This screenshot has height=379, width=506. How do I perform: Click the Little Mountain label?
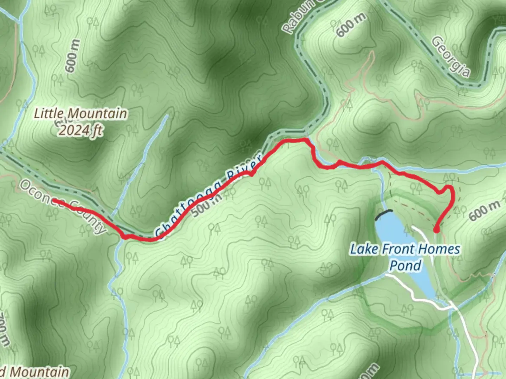[80, 114]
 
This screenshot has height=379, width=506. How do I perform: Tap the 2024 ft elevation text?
[80, 130]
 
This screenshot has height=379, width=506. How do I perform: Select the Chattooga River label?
[208, 195]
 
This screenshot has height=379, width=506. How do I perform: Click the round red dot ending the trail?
[436, 230]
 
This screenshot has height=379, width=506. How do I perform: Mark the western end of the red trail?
[55, 201]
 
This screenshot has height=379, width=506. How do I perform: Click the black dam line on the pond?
[384, 214]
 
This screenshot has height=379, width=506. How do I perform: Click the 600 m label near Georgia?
[351, 25]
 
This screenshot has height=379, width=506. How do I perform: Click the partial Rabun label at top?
[299, 18]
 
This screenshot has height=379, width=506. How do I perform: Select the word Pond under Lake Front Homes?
[405, 265]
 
